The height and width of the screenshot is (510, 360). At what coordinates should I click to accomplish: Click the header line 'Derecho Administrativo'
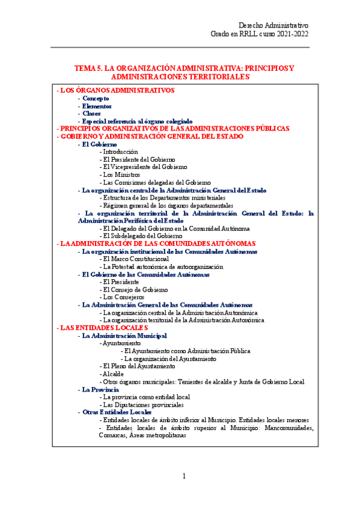[x=273, y=26]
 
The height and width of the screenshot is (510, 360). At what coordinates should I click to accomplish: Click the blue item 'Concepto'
[x=96, y=98]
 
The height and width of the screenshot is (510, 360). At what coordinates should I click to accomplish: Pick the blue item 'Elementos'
[x=97, y=106]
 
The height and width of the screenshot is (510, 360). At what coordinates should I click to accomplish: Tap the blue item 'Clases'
[x=91, y=114]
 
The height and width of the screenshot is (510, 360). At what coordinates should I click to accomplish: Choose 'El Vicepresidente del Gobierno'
[x=145, y=167]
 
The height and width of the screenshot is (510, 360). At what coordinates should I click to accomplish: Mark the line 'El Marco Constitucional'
[x=135, y=259]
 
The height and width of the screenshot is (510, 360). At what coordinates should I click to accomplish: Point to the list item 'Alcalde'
[x=114, y=374]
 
